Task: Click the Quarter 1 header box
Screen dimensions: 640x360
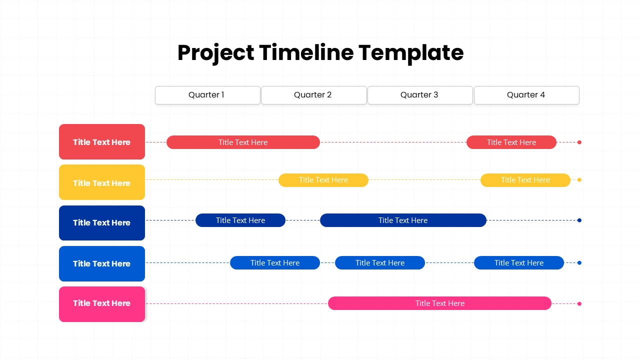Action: [x=207, y=95]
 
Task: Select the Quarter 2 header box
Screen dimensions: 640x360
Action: [x=313, y=95]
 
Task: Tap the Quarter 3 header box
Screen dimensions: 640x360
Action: [x=420, y=95]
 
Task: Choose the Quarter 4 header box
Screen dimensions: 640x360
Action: [x=526, y=95]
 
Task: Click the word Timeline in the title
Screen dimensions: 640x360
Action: [x=306, y=52]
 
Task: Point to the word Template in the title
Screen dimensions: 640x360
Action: [x=411, y=53]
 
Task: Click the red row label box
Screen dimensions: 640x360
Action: [x=102, y=141]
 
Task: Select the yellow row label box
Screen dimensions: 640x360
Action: [x=102, y=182]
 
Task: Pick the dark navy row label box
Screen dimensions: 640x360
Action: [x=102, y=223]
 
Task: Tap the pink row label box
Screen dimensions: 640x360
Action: [x=102, y=304]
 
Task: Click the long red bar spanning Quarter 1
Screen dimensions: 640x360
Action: [x=243, y=142]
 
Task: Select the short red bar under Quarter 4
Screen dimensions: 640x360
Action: [x=511, y=142]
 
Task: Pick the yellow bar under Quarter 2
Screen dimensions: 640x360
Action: [x=323, y=180]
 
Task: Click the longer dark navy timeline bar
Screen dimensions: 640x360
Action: [x=403, y=220]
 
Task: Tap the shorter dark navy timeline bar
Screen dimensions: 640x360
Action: [x=240, y=220]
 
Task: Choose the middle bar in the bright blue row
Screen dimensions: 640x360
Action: [x=380, y=263]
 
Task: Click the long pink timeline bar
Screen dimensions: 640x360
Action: [x=439, y=303]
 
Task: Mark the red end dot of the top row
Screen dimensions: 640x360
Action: [x=579, y=142]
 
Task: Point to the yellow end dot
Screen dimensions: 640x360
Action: [x=579, y=180]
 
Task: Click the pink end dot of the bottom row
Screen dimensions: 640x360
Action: [x=579, y=303]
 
